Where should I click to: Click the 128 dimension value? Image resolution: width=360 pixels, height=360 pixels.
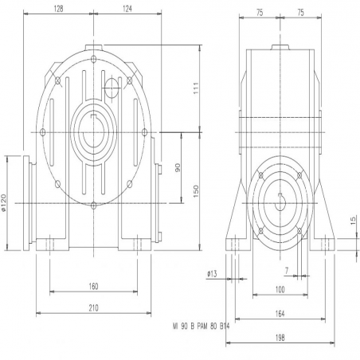click(58, 9)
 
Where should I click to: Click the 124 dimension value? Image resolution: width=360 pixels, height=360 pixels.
click(127, 9)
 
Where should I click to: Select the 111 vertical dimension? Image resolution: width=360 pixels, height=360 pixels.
click(196, 88)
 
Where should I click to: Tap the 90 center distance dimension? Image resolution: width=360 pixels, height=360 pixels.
click(178, 167)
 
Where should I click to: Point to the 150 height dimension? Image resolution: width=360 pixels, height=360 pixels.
click(196, 191)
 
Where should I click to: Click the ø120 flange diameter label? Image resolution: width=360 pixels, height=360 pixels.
click(3, 202)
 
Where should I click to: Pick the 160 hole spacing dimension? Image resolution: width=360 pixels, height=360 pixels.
click(93, 286)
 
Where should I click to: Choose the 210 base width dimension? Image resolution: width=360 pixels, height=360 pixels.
click(93, 308)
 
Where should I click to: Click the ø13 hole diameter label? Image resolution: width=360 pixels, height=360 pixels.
click(212, 274)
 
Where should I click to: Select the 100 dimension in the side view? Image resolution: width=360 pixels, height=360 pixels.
click(280, 289)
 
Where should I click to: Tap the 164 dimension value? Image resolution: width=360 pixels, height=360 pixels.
click(280, 314)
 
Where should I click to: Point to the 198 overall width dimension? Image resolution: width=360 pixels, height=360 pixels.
click(280, 338)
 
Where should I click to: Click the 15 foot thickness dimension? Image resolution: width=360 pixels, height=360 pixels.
click(353, 221)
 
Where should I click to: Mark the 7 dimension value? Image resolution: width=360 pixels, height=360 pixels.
click(287, 271)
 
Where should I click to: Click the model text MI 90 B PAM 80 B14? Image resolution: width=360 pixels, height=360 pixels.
click(201, 327)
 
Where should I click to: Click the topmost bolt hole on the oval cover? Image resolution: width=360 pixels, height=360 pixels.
click(93, 59)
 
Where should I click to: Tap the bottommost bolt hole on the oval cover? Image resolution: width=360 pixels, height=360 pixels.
click(93, 205)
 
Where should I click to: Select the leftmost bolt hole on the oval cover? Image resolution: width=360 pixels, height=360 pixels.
click(42, 132)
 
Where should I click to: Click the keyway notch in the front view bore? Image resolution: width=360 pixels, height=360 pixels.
click(93, 115)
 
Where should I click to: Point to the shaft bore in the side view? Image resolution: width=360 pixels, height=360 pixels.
click(280, 204)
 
